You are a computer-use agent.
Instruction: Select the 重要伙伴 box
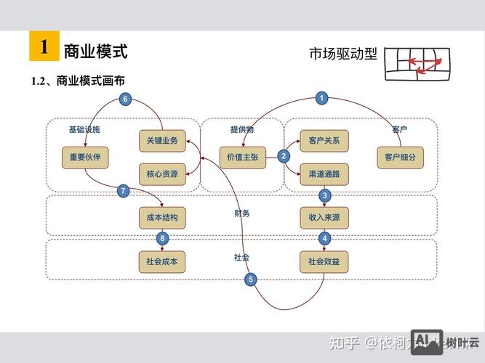pos(85,156)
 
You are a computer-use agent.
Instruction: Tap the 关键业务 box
pos(162,140)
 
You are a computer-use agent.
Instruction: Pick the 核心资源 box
pos(162,174)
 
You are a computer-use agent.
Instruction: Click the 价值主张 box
pos(243,156)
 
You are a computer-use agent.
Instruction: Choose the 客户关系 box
pos(324,140)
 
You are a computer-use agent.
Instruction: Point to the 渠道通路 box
pos(324,174)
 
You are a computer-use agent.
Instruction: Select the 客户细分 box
pos(400,156)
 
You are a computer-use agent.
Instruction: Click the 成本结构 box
pos(162,217)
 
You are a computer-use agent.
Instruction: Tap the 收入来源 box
pos(324,217)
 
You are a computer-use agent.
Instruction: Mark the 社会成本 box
pos(162,261)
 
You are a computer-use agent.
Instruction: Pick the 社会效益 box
pos(324,261)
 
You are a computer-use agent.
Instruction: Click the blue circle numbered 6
pos(125,99)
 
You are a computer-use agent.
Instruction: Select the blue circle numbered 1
pos(323,98)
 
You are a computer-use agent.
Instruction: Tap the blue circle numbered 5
pos(251,279)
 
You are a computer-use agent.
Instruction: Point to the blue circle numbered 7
pos(124,191)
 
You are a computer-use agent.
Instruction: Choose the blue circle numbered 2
pos(284,155)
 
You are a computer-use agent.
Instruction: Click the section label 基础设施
pos(84,129)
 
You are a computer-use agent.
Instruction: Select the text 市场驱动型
pos(343,54)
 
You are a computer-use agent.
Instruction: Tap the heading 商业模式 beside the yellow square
pos(95,52)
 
